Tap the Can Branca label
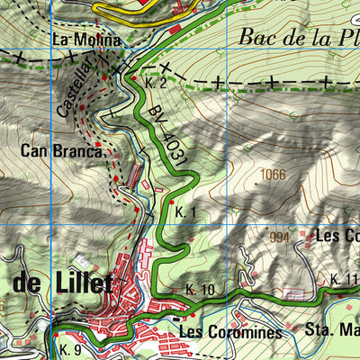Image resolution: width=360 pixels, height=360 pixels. (59, 151)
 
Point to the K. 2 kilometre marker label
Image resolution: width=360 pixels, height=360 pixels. (157, 83)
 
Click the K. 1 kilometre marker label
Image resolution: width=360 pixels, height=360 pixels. (186, 212)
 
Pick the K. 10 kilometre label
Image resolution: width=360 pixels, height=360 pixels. (201, 289)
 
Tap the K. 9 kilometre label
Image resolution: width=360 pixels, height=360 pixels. (72, 348)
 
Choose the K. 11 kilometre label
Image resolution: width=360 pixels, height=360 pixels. (344, 279)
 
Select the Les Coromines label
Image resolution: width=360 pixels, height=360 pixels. (230, 332)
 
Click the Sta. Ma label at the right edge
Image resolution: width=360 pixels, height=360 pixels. (333, 328)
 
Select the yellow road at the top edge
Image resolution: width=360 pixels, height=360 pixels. (135, 13)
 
